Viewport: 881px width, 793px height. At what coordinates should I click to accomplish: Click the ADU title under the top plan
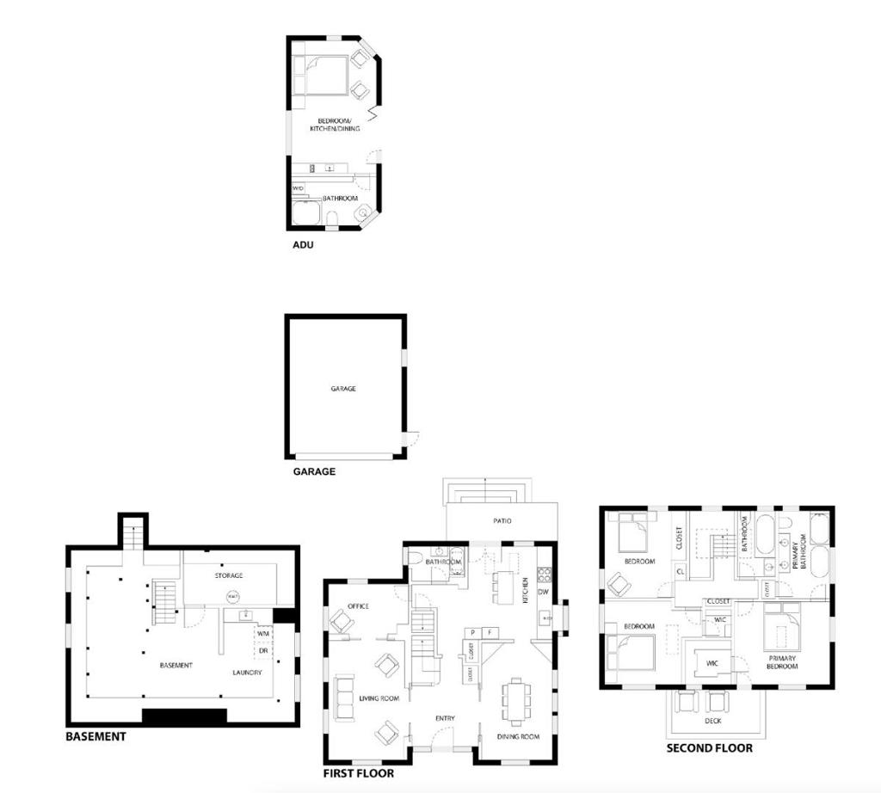pyautogui.click(x=303, y=245)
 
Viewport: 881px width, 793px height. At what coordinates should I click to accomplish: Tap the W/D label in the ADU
pyautogui.click(x=298, y=188)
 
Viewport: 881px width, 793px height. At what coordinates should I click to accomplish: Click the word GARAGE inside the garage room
pyautogui.click(x=343, y=389)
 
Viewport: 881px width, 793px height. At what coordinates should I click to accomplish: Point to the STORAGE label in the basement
pyautogui.click(x=229, y=575)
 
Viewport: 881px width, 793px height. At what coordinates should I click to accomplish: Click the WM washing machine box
pyautogui.click(x=263, y=634)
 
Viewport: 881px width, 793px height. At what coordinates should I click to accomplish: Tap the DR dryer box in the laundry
pyautogui.click(x=263, y=650)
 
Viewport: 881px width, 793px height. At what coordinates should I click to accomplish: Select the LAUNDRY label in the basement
pyautogui.click(x=247, y=673)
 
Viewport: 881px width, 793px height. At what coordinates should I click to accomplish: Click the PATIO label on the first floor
pyautogui.click(x=502, y=521)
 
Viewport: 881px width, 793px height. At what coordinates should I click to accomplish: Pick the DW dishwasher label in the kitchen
pyautogui.click(x=544, y=592)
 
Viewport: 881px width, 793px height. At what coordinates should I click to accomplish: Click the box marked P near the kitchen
pyautogui.click(x=472, y=632)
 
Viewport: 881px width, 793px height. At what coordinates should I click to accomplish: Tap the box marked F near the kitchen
pyautogui.click(x=490, y=632)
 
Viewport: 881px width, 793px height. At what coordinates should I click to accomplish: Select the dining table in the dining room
pyautogui.click(x=516, y=700)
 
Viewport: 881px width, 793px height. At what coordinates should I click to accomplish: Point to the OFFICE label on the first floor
pyautogui.click(x=359, y=606)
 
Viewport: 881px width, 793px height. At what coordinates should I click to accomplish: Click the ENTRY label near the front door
pyautogui.click(x=445, y=718)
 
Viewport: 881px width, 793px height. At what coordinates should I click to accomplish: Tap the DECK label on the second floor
pyautogui.click(x=713, y=721)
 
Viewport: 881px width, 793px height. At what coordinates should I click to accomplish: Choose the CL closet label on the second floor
pyautogui.click(x=680, y=571)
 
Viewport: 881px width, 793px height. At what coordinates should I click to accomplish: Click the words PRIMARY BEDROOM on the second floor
pyautogui.click(x=782, y=662)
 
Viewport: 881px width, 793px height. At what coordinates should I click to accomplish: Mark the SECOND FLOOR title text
pyautogui.click(x=710, y=748)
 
